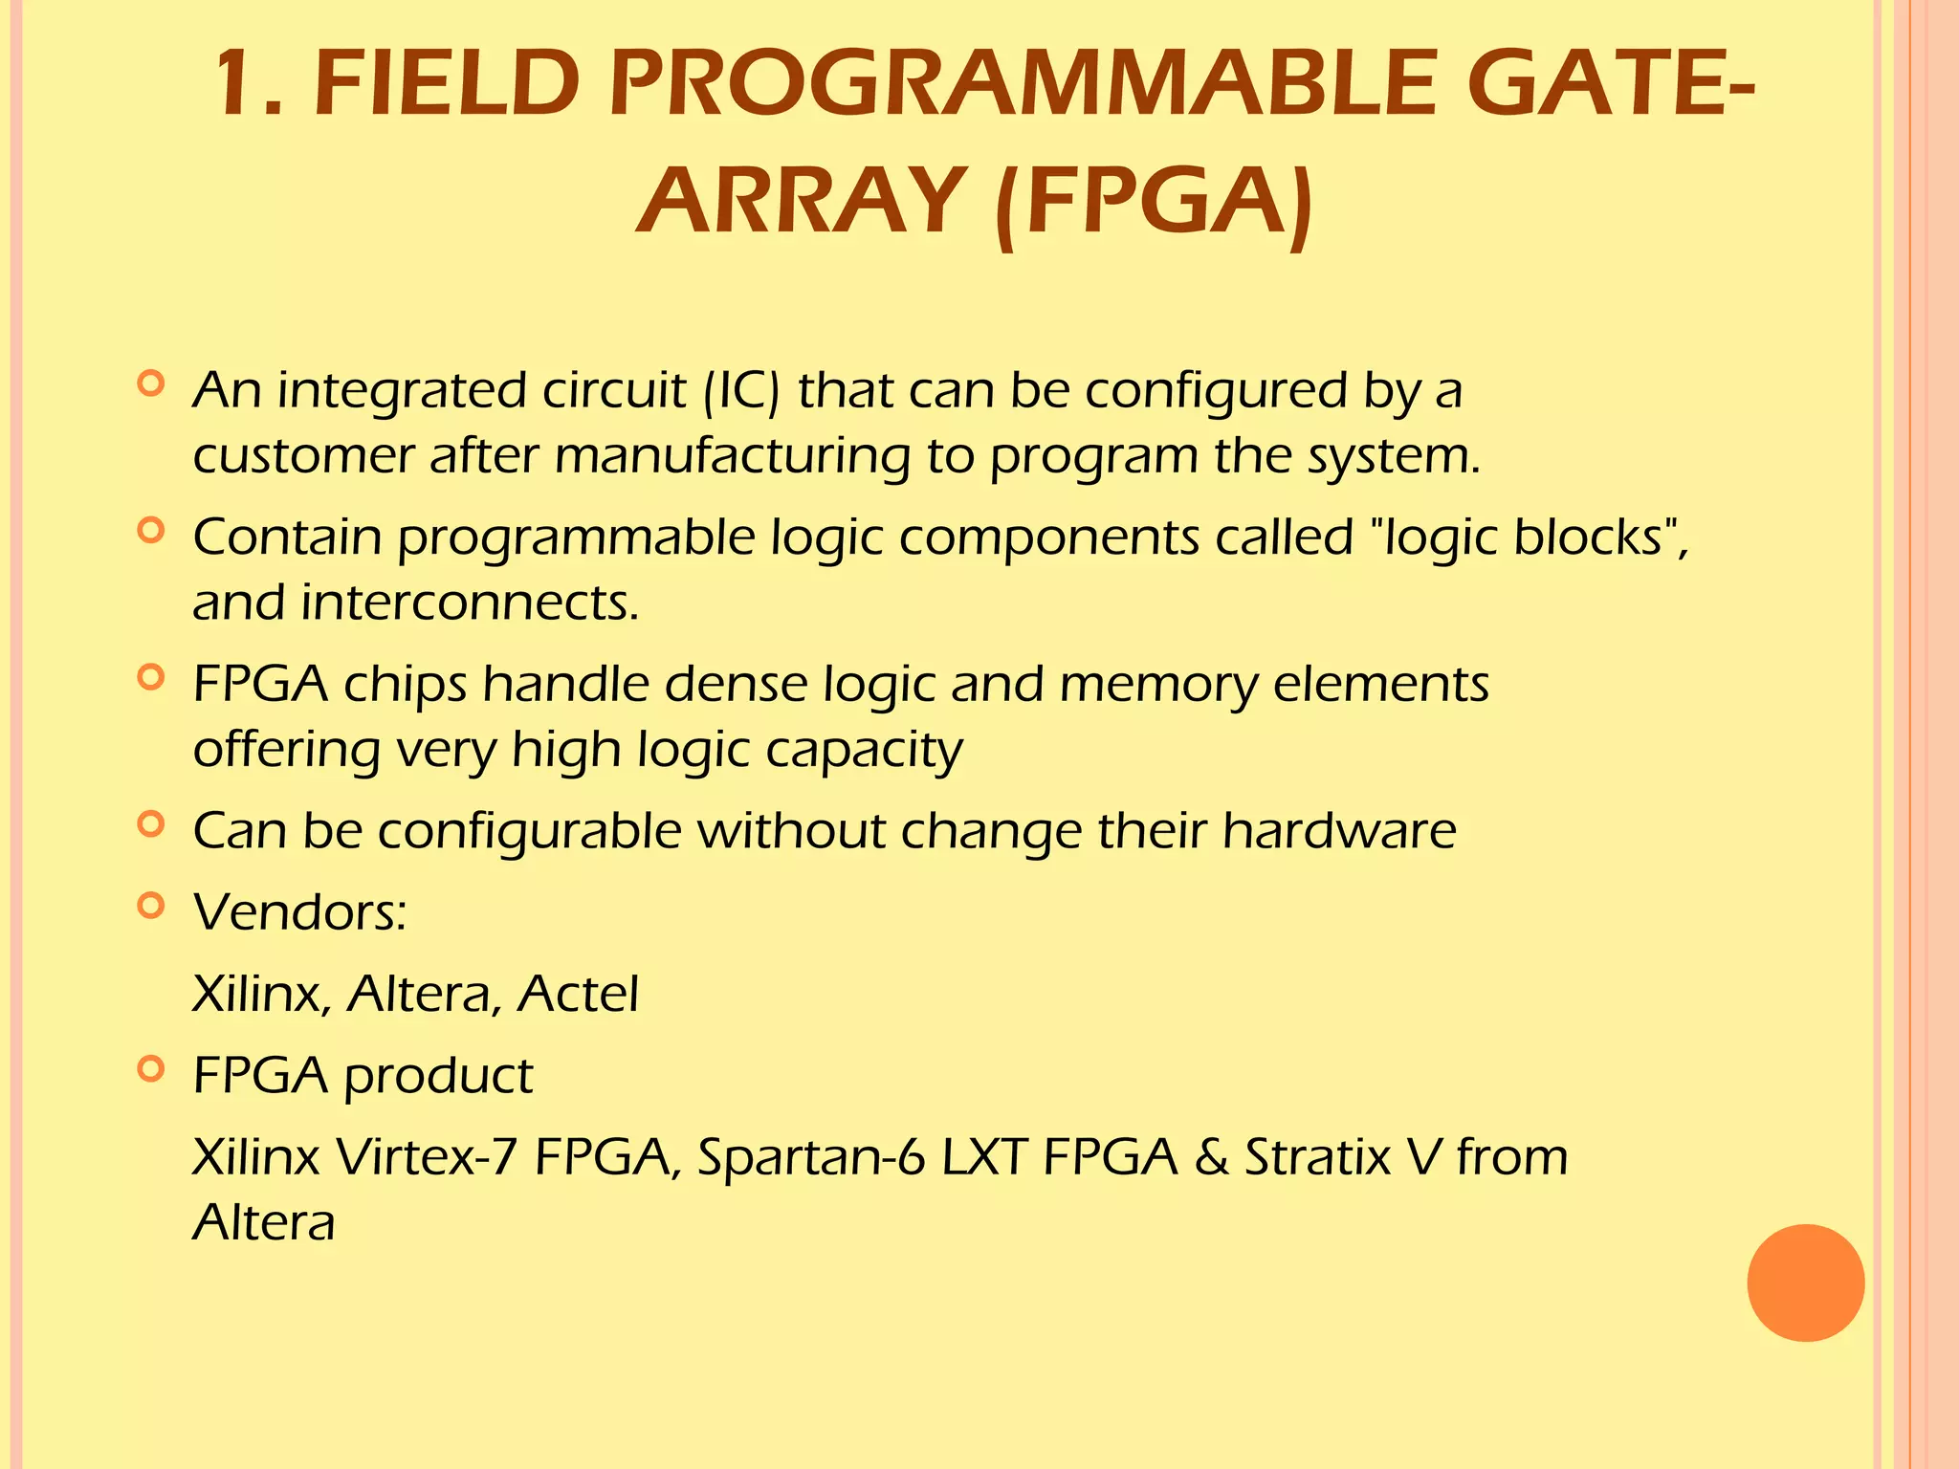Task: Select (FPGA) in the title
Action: click(x=1155, y=203)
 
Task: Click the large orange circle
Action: click(x=1805, y=1283)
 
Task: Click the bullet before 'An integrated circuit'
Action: click(x=151, y=384)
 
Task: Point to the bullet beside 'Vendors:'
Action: click(x=151, y=905)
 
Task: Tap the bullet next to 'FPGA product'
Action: click(x=151, y=1068)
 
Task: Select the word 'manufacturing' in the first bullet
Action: click(x=732, y=457)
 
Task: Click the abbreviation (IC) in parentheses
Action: click(x=741, y=391)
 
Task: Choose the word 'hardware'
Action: click(x=1339, y=830)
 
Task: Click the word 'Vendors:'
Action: click(x=300, y=912)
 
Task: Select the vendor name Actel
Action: click(x=578, y=995)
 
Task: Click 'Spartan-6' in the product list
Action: click(x=811, y=1157)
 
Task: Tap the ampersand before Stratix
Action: click(x=1211, y=1157)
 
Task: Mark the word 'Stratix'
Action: click(x=1317, y=1157)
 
